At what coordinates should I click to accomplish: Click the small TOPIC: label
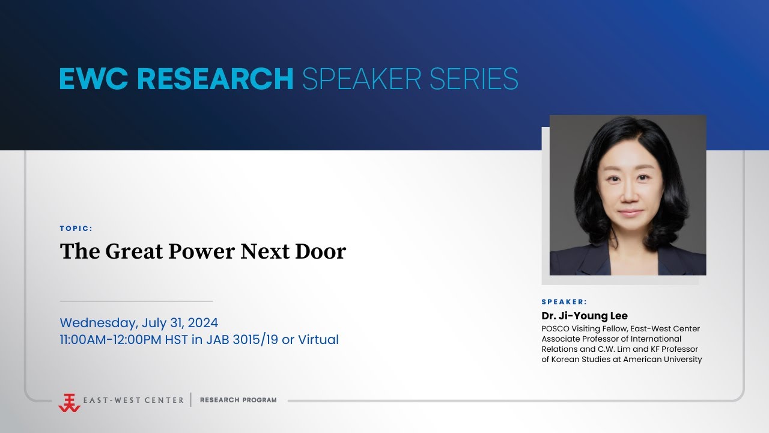pyautogui.click(x=76, y=229)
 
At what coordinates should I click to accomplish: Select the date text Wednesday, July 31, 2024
pyautogui.click(x=139, y=322)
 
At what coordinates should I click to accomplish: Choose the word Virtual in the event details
pyautogui.click(x=318, y=340)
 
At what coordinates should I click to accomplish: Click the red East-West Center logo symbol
pyautogui.click(x=69, y=402)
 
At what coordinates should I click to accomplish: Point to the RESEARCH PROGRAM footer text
pyautogui.click(x=239, y=400)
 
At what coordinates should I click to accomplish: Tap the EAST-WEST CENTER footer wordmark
pyautogui.click(x=134, y=400)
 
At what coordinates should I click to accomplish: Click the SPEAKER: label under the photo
pyautogui.click(x=564, y=302)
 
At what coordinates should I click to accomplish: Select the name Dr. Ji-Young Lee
pyautogui.click(x=585, y=316)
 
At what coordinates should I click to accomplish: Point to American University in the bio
pyautogui.click(x=662, y=360)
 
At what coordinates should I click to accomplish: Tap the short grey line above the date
pyautogui.click(x=136, y=301)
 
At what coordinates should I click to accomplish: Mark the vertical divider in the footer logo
pyautogui.click(x=191, y=400)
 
